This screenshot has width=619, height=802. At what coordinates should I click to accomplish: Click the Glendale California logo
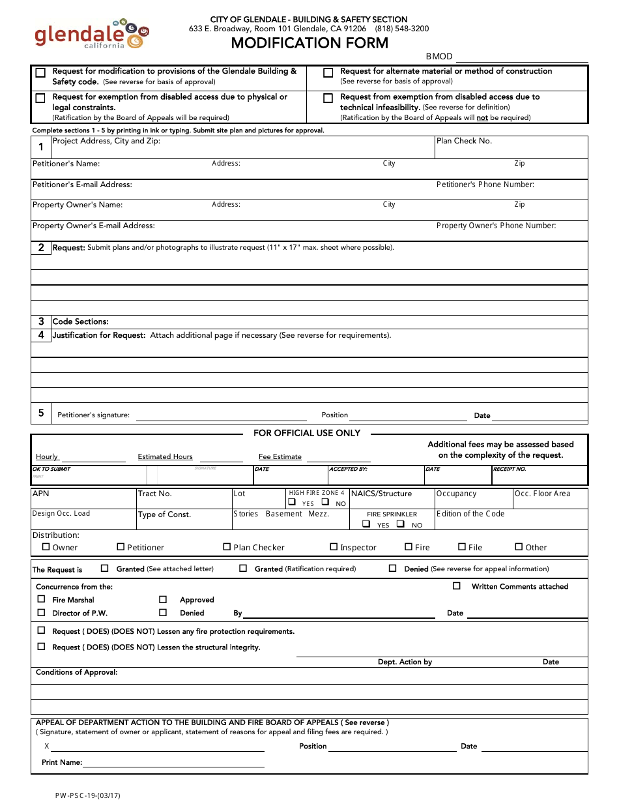[91, 34]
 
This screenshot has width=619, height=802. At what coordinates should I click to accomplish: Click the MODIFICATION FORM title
[309, 44]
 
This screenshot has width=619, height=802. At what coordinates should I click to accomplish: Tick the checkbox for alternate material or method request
[328, 73]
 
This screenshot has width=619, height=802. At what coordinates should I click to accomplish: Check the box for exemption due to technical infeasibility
[328, 98]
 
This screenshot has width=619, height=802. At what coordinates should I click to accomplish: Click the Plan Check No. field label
[464, 141]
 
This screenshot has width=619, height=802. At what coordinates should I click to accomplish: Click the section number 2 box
[41, 248]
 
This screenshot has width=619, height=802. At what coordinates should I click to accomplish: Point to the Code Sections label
[80, 321]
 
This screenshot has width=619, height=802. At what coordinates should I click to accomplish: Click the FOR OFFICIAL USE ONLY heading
[306, 433]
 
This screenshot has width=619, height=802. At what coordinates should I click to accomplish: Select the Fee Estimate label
[280, 456]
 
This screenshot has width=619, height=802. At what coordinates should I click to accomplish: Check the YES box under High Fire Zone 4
[293, 503]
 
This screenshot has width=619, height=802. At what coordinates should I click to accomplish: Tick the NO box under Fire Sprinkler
[401, 524]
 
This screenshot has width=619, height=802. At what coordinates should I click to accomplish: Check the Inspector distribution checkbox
[334, 547]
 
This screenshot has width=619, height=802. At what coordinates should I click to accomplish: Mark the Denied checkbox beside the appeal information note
[392, 568]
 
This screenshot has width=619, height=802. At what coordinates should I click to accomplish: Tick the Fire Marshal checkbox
[41, 599]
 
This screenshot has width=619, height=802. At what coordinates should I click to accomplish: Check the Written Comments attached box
[456, 586]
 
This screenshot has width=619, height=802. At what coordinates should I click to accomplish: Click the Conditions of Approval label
[76, 672]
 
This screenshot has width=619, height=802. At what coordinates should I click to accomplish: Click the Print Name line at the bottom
[173, 763]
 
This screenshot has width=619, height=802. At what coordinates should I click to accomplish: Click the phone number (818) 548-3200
[401, 29]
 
